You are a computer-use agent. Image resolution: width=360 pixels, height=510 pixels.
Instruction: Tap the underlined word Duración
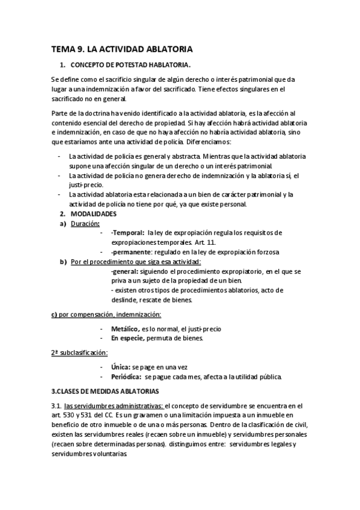pos(85,223)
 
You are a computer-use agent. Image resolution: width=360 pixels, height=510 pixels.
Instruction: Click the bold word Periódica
pos(126,376)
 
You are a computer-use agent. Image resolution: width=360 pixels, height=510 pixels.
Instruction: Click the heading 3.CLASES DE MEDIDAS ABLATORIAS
pos(106,392)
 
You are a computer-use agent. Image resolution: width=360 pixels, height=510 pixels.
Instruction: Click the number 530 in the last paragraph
pos(68,416)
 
